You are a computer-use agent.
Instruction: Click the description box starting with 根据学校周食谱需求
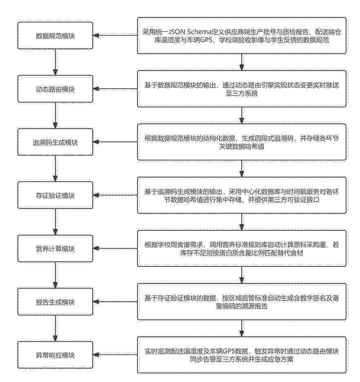[242, 249]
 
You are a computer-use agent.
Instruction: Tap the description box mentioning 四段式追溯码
[242, 142]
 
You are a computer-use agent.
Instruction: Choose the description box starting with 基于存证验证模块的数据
[242, 302]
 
